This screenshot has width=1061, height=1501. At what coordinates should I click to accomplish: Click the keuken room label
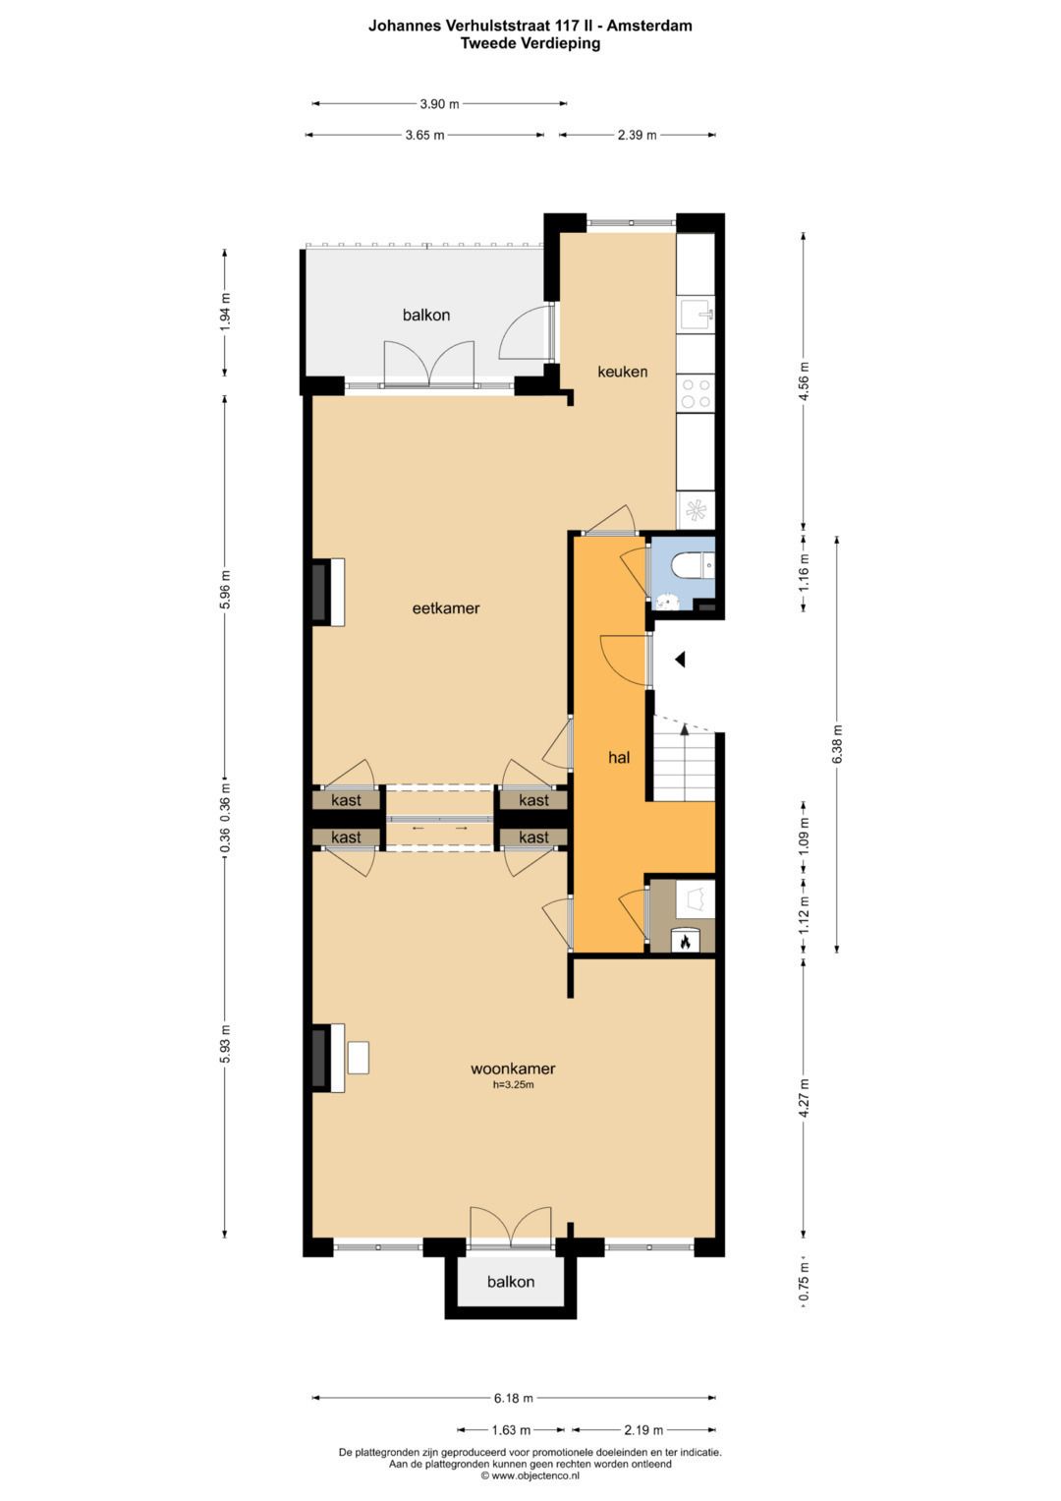pyautogui.click(x=623, y=372)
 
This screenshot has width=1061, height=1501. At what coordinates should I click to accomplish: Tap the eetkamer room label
pyautogui.click(x=446, y=608)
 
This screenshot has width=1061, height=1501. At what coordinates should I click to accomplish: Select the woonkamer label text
pyautogui.click(x=513, y=1068)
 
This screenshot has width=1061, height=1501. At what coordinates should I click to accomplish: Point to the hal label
pyautogui.click(x=619, y=758)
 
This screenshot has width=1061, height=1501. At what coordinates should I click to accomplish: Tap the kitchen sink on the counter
pyautogui.click(x=697, y=315)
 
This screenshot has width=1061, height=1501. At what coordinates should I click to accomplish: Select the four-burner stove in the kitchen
pyautogui.click(x=697, y=394)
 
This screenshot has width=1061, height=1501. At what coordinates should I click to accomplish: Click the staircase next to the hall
pyautogui.click(x=685, y=763)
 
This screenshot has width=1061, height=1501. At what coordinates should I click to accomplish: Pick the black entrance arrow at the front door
pyautogui.click(x=679, y=661)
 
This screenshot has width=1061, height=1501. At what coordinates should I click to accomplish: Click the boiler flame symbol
pyautogui.click(x=685, y=942)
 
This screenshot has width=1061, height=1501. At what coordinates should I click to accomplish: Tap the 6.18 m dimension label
pyautogui.click(x=514, y=1398)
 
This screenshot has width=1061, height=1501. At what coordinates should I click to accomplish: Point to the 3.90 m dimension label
pyautogui.click(x=439, y=103)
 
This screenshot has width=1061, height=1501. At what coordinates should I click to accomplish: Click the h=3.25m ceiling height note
pyautogui.click(x=513, y=1085)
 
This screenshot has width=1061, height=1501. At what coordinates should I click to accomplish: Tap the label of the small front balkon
pyautogui.click(x=511, y=1282)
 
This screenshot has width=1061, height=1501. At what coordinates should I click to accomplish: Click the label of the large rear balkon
pyautogui.click(x=426, y=316)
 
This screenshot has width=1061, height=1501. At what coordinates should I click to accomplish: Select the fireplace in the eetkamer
pyautogui.click(x=321, y=592)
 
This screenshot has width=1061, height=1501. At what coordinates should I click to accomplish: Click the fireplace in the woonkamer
pyautogui.click(x=321, y=1058)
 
